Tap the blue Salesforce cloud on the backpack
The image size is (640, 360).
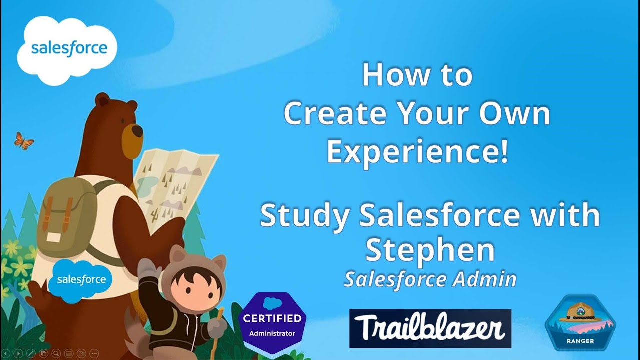pos(80,279)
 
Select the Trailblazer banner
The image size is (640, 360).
pos(430,328)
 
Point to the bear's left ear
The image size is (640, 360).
pos(102,99)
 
